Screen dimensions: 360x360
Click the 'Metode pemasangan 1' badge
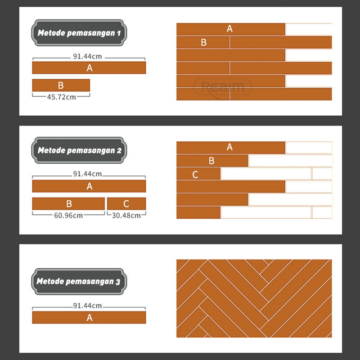(79, 33)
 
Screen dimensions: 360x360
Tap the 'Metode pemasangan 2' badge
(79, 150)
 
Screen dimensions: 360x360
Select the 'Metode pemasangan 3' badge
(79, 282)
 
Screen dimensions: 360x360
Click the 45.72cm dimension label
(62, 97)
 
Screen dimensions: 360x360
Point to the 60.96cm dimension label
(68, 215)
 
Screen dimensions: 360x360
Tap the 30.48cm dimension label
(126, 215)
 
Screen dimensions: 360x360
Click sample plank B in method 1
(61, 85)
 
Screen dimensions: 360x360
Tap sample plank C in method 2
(126, 203)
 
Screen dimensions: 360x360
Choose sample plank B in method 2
(68, 203)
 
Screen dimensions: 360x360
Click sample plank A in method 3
(89, 317)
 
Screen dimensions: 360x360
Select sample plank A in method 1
(89, 68)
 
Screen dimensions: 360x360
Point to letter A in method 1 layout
(229, 29)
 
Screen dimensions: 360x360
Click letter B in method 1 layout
(203, 42)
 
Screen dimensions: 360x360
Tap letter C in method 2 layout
(195, 174)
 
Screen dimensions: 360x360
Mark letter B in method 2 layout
(211, 161)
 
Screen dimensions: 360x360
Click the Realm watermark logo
(222, 86)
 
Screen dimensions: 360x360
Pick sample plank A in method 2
(89, 186)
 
